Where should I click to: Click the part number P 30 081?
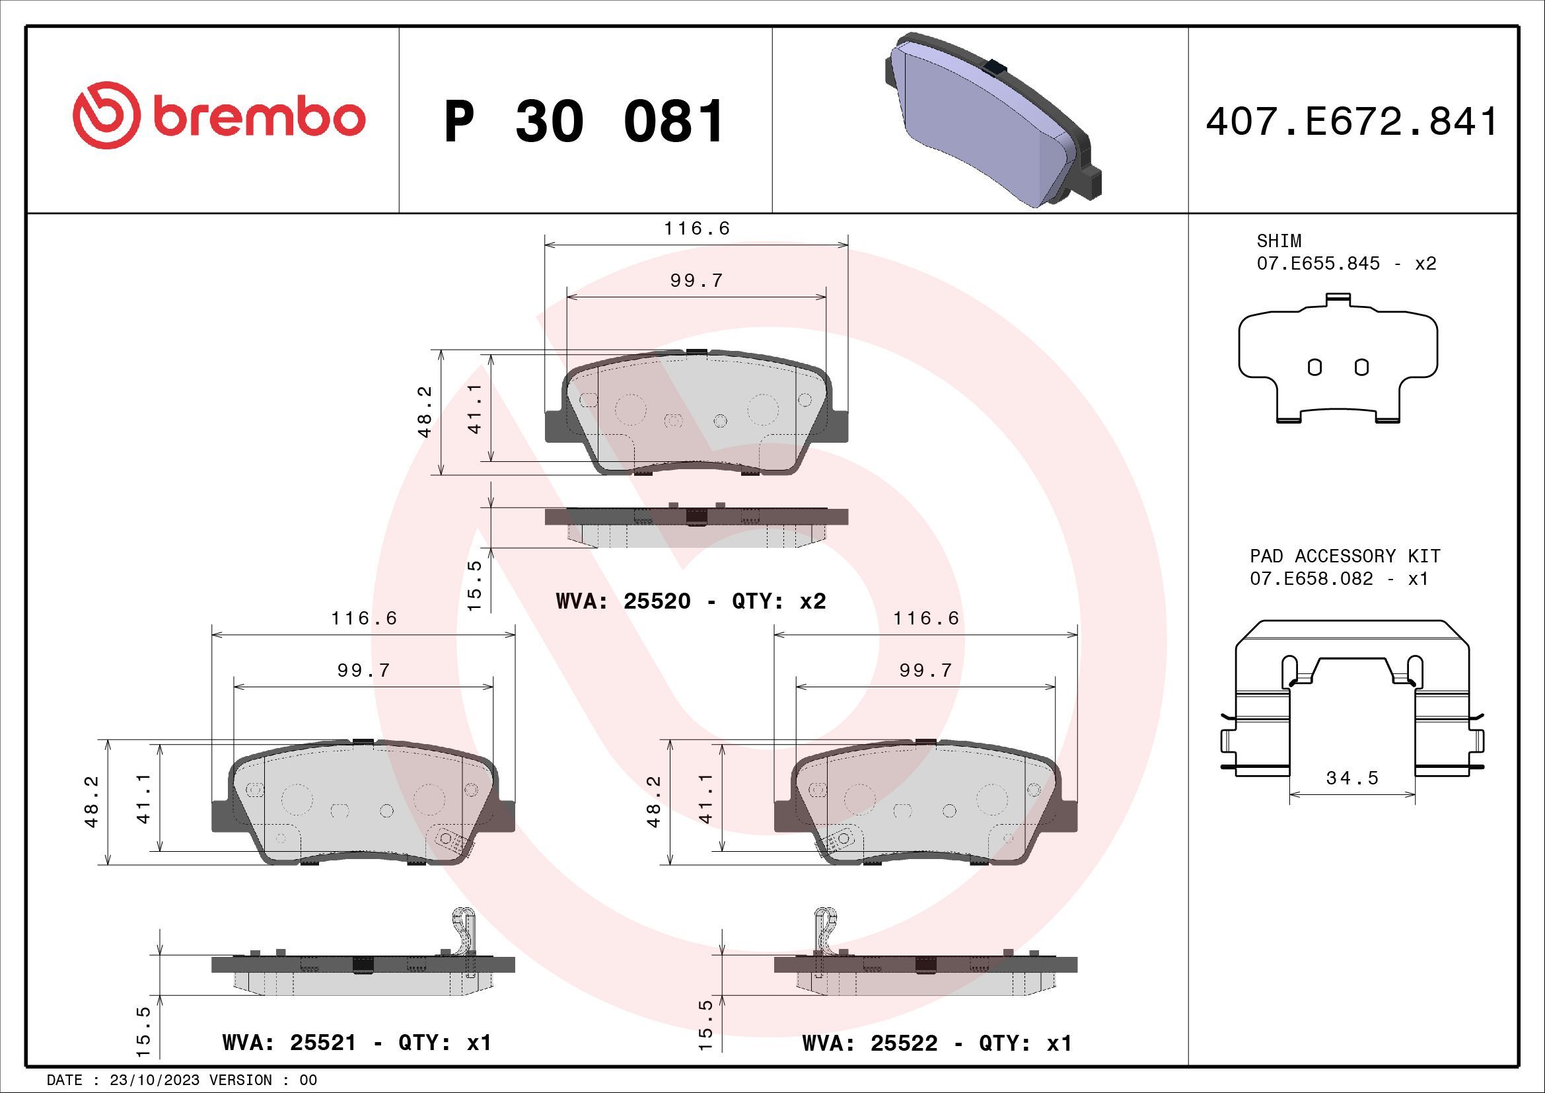click(x=584, y=122)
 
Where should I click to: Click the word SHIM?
click(x=1279, y=241)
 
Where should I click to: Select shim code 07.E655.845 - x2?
click(x=1346, y=263)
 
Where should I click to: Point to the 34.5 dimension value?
click(x=1353, y=778)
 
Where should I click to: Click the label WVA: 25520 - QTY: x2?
click(x=690, y=601)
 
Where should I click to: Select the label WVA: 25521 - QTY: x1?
click(x=357, y=1043)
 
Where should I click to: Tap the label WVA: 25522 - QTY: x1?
click(x=937, y=1043)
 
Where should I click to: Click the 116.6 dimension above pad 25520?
click(x=696, y=229)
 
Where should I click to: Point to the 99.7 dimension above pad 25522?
click(x=926, y=670)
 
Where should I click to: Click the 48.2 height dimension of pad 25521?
click(x=92, y=801)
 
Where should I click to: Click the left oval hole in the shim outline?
click(x=1314, y=367)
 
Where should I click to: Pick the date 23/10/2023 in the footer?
click(x=155, y=1080)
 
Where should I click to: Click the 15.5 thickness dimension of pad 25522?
click(x=705, y=1025)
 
